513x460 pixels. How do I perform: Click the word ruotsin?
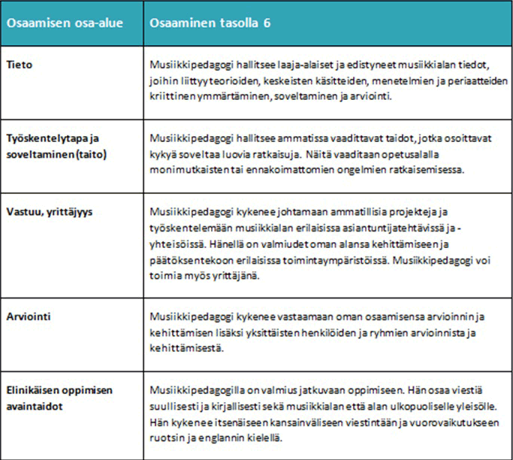[167, 438]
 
